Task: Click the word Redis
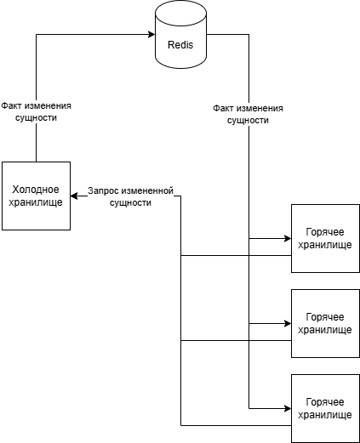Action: (x=180, y=43)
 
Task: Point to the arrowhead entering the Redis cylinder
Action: (x=151, y=35)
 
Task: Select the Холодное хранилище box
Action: (x=36, y=196)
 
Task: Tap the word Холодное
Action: (x=36, y=188)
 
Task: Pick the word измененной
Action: (x=149, y=191)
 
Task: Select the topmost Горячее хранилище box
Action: (x=324, y=238)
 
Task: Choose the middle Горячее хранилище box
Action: (x=324, y=323)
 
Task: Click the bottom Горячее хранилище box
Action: (x=324, y=408)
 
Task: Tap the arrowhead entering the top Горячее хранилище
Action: (x=287, y=238)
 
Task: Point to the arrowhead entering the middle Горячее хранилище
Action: (x=287, y=323)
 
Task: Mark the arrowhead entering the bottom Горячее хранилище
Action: (x=287, y=408)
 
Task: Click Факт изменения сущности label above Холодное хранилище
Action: (x=36, y=112)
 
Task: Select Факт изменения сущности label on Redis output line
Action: (x=248, y=115)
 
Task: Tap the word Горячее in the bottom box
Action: (x=324, y=401)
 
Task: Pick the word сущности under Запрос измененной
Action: (x=131, y=203)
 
